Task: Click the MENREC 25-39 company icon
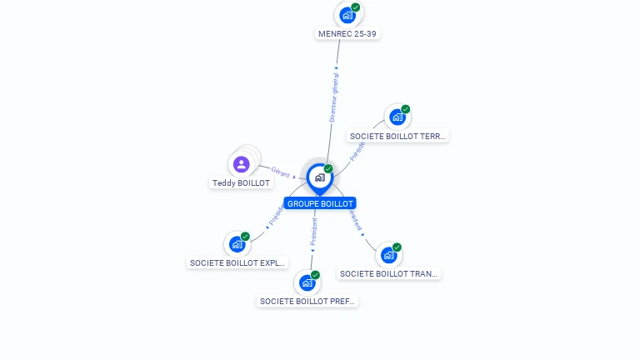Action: [x=347, y=15]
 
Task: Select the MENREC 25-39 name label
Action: [x=349, y=34]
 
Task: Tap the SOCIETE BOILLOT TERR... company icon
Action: [x=397, y=117]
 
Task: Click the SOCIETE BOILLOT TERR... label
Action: [x=398, y=136]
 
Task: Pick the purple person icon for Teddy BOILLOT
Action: [x=242, y=164]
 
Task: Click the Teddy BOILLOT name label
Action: [x=242, y=182]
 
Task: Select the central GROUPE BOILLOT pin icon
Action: [x=319, y=177]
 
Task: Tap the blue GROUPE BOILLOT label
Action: [x=320, y=203]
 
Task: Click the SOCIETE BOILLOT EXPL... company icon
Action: [x=237, y=244]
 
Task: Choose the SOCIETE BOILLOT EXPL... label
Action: [x=238, y=263]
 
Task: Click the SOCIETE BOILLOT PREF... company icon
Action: [x=307, y=283]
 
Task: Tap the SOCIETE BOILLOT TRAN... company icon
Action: [x=388, y=255]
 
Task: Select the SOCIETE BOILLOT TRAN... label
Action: [x=389, y=273]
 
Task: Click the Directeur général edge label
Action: [x=334, y=97]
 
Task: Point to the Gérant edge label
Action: [x=280, y=173]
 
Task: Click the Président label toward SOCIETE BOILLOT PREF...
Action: [x=314, y=232]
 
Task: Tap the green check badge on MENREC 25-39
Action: [x=356, y=7]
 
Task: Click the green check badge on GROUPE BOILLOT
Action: [x=328, y=168]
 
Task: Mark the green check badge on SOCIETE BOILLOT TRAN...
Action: [x=397, y=247]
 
